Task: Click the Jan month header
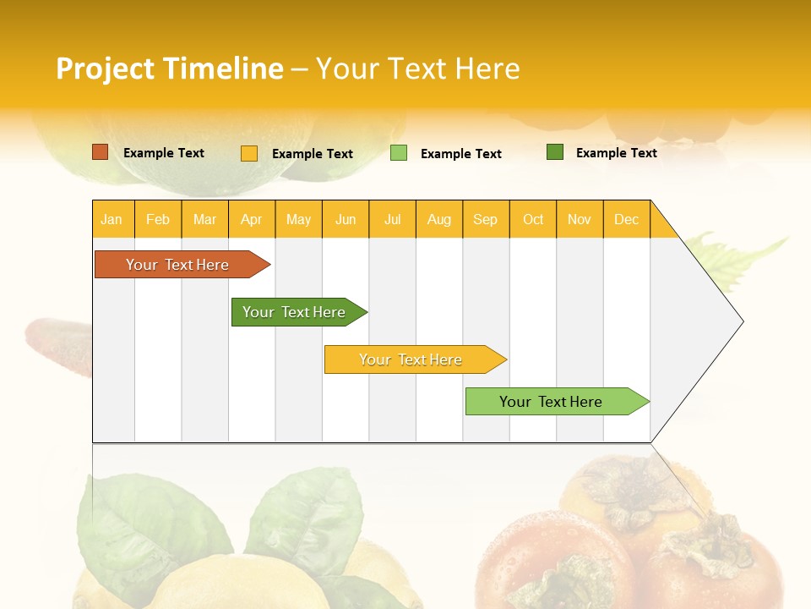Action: point(112,219)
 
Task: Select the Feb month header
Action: point(158,219)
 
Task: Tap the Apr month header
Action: point(251,219)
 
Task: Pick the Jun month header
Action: point(346,219)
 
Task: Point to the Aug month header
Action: point(438,219)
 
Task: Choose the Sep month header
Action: point(485,219)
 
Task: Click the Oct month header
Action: point(533,219)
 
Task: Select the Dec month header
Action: point(626,219)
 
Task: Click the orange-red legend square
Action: point(101,152)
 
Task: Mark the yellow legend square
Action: point(249,153)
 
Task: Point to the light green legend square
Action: point(399,153)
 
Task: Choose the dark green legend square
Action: point(555,152)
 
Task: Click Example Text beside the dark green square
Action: point(616,152)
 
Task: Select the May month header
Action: point(298,219)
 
